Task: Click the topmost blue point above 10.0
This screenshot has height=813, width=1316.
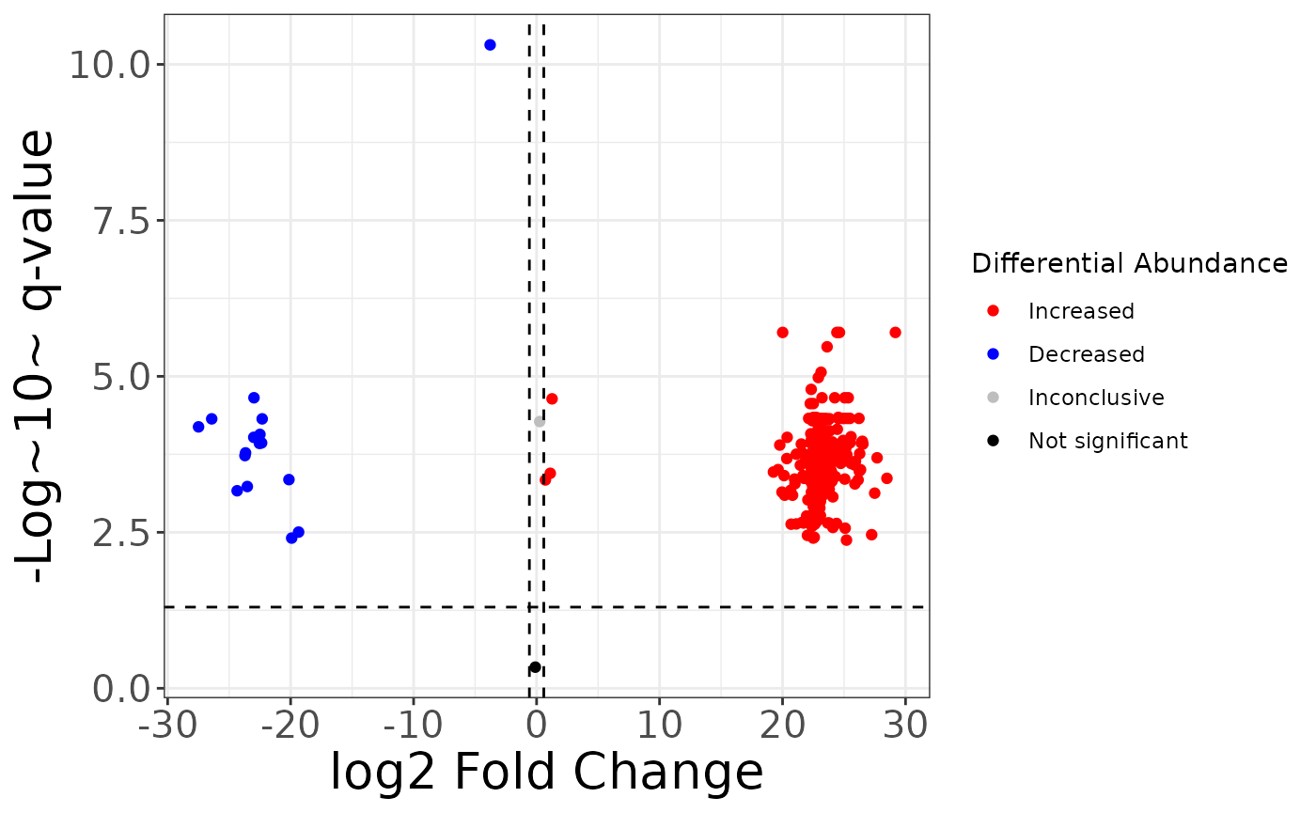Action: (490, 45)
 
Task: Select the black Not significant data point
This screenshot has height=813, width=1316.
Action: (535, 667)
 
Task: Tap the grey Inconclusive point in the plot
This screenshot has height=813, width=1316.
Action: (540, 422)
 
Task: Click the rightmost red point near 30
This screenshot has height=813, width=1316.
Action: (895, 333)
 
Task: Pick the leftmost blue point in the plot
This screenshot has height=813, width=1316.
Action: (198, 427)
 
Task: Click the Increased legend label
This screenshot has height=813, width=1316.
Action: (1081, 311)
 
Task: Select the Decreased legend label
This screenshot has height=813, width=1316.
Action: (1087, 354)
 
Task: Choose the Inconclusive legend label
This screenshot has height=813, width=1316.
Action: (1096, 398)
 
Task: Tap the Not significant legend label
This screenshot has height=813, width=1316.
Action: (1108, 441)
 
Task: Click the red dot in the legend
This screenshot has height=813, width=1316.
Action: (994, 310)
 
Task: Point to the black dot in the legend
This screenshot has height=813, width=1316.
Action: (994, 440)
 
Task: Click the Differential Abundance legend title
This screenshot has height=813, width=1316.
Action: (1129, 264)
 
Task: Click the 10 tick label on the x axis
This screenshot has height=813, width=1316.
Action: (659, 725)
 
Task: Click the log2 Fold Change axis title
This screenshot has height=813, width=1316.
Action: (546, 773)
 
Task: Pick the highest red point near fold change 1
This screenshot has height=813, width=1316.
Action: (552, 399)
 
